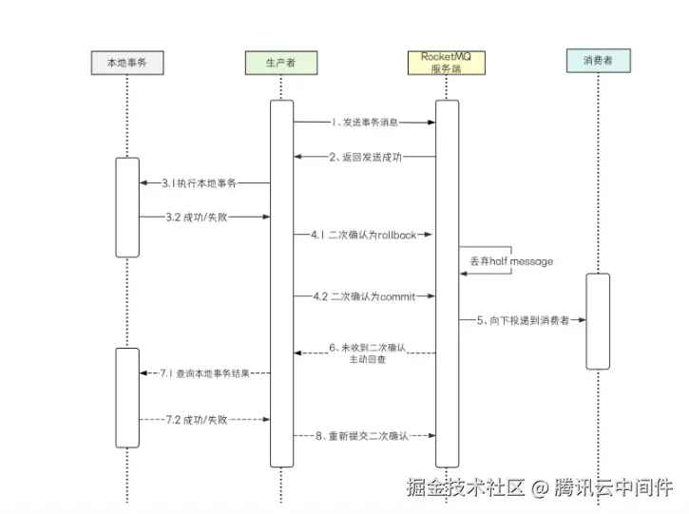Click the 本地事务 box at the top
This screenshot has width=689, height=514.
(127, 63)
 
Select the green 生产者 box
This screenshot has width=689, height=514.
(280, 63)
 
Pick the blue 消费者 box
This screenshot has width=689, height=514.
(597, 63)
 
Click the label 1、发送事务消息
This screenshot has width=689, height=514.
(365, 122)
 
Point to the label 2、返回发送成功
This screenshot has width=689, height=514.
(365, 158)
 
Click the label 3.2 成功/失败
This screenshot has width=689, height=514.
(197, 217)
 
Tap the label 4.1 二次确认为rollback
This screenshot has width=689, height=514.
(365, 234)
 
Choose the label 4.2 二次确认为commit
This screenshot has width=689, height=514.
(365, 296)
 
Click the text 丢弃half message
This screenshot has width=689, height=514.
(511, 260)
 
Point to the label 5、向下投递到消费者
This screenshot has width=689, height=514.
(523, 321)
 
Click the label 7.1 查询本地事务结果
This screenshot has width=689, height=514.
(205, 373)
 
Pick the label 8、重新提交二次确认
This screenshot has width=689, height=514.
(365, 436)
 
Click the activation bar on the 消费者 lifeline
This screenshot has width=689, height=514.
(597, 321)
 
